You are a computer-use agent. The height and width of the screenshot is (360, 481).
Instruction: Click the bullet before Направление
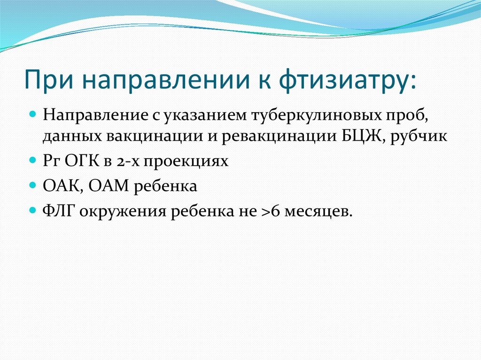coord(32,115)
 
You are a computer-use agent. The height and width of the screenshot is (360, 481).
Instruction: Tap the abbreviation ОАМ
coord(109,186)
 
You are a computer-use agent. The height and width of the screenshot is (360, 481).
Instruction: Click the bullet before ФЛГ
coord(32,210)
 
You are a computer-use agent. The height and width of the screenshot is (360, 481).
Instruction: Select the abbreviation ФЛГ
coord(60,211)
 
